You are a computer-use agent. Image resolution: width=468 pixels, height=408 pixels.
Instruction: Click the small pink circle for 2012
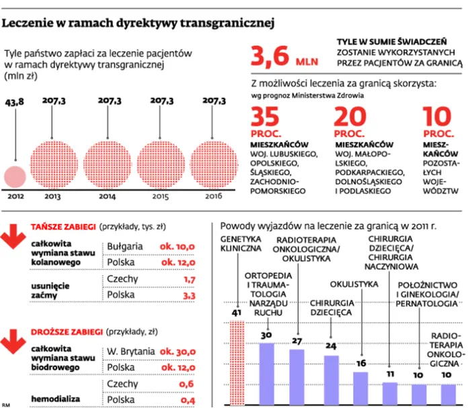point(15,176)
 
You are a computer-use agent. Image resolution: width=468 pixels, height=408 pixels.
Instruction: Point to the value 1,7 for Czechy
point(188,279)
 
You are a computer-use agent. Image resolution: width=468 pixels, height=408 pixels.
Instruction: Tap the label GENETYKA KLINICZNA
point(240,244)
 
